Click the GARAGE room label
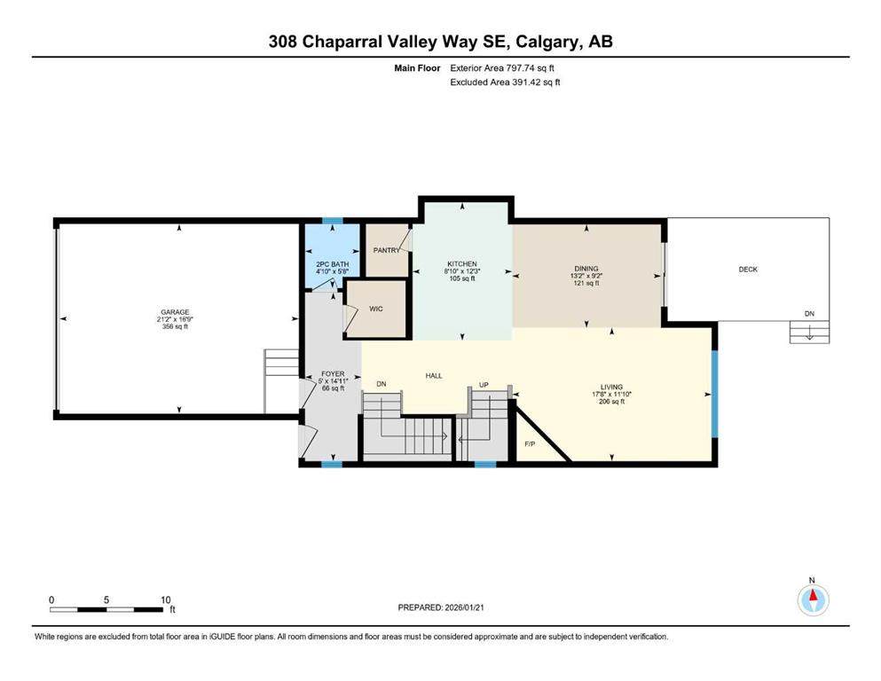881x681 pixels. point(174,312)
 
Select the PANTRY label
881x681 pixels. point(387,251)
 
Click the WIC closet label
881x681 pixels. point(375,309)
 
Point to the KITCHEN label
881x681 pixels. point(461,264)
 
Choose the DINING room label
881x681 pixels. point(586,269)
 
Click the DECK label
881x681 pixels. point(748,270)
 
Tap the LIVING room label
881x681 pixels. point(612,387)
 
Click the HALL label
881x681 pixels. point(434,376)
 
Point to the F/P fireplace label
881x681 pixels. point(530,443)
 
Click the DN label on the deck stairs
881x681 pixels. point(808,314)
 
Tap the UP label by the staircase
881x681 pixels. point(484,385)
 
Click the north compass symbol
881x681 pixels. point(812,599)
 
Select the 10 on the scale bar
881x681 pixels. point(165,599)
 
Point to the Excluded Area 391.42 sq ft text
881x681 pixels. point(505,82)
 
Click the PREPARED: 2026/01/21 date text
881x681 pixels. point(444,607)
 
